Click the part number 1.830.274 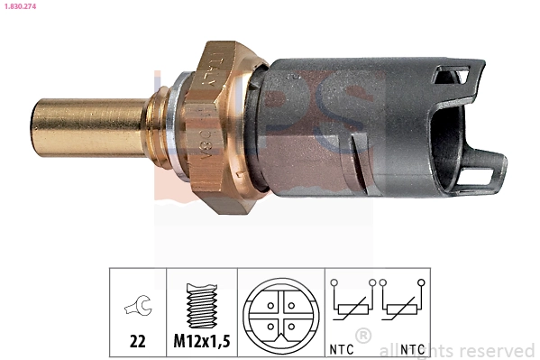point(19,6)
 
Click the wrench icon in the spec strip point(138,308)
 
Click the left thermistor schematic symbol point(349,306)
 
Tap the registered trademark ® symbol point(363,337)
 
